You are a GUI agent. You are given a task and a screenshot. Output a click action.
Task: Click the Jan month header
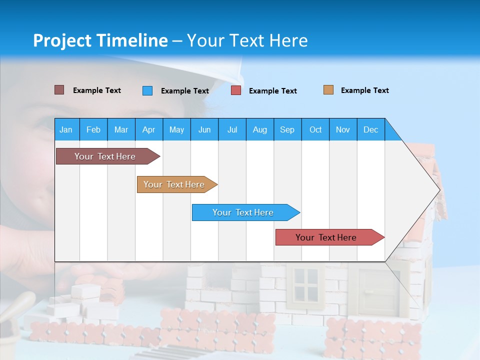[x=66, y=129]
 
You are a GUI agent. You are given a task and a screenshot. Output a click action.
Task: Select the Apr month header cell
[x=148, y=129]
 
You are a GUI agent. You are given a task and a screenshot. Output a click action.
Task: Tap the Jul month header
[x=232, y=129]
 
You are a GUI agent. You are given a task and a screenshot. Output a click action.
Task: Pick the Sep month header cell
[x=287, y=129]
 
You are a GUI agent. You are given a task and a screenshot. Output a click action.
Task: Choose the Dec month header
[x=370, y=129]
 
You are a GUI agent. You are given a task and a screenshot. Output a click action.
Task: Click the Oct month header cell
[x=315, y=129]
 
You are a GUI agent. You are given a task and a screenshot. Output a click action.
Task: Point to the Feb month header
[x=93, y=129]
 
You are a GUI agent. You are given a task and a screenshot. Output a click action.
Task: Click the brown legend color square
[x=59, y=90]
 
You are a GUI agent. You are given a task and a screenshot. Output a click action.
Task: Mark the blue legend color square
[x=147, y=90]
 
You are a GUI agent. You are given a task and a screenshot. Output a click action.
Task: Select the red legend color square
[x=236, y=90]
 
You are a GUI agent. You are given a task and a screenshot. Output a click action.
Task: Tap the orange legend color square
[x=328, y=90]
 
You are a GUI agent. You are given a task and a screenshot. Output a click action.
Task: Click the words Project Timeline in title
[x=100, y=40]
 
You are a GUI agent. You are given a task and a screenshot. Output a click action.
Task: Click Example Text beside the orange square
[x=364, y=90]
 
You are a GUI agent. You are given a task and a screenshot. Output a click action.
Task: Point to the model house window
[x=305, y=283]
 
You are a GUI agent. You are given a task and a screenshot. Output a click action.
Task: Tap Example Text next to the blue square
[x=184, y=91]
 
